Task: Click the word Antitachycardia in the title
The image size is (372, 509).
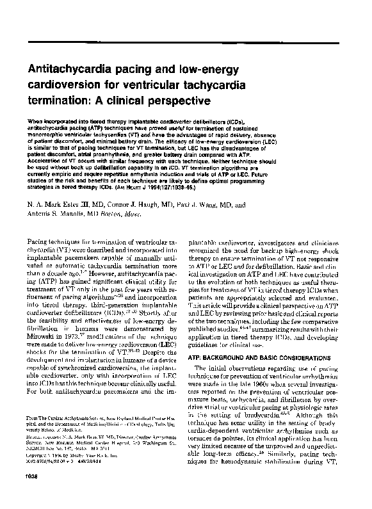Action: [x=67, y=69]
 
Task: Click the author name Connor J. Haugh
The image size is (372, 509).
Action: [x=133, y=206]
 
